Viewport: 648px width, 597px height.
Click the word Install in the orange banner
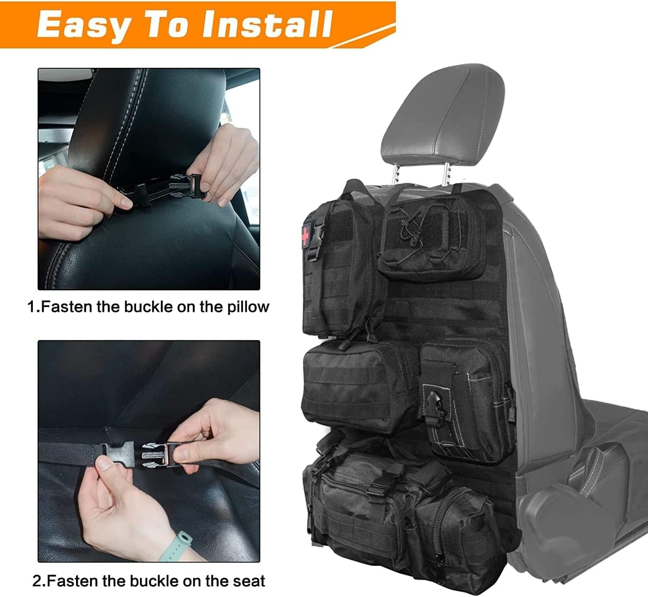pyautogui.click(x=268, y=24)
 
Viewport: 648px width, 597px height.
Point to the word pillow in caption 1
pyautogui.click(x=248, y=307)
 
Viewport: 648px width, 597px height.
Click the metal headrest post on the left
pyautogui.click(x=395, y=173)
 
